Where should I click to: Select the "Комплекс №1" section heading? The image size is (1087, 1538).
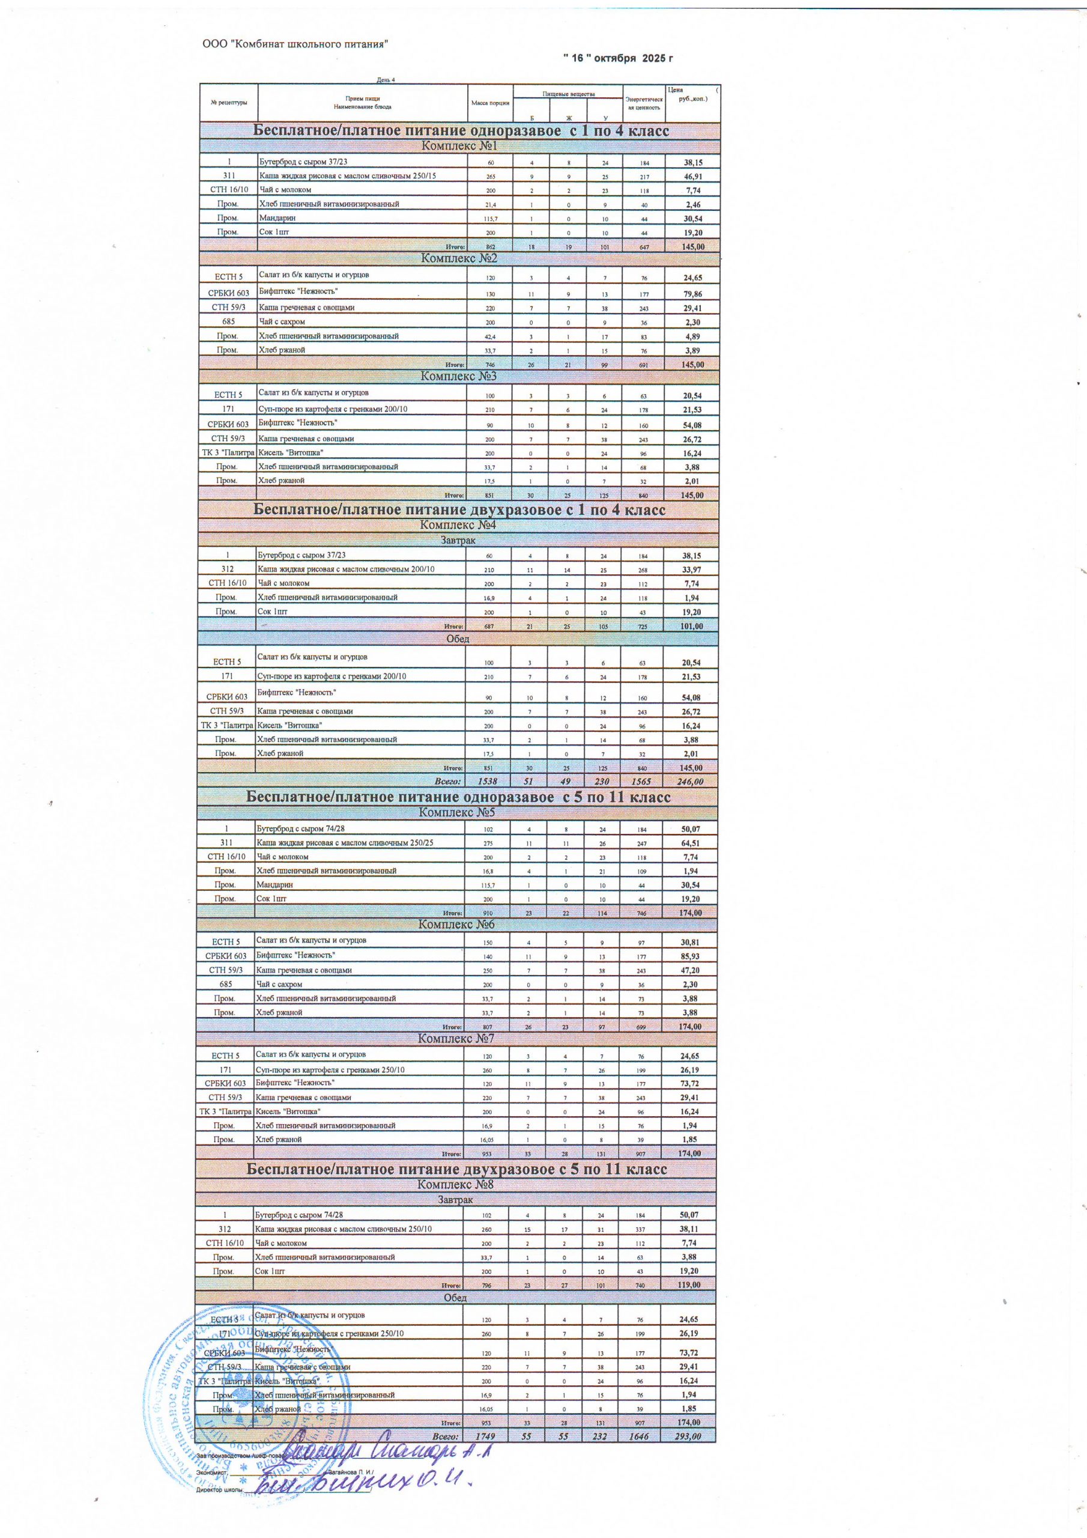click(x=459, y=146)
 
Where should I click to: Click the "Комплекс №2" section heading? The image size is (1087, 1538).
click(x=459, y=258)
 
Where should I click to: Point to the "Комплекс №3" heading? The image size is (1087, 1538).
click(x=459, y=377)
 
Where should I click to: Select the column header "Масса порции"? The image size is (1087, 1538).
click(x=490, y=103)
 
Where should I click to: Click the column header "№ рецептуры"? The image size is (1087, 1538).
click(x=229, y=103)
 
